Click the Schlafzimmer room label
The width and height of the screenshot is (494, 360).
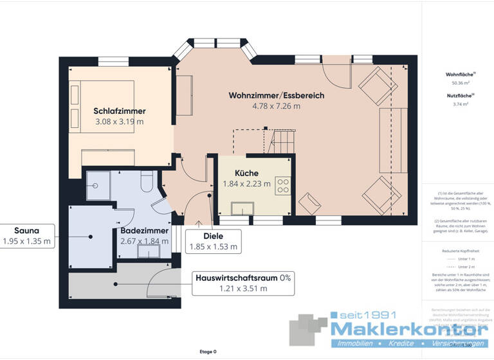coord(119,111)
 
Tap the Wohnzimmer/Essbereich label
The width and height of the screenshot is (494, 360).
coord(276,96)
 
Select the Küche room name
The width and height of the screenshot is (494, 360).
coord(246,174)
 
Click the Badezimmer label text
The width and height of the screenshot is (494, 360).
coord(144,230)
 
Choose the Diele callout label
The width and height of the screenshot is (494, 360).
coord(212,236)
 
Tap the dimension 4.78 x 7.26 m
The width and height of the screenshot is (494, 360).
coord(276,107)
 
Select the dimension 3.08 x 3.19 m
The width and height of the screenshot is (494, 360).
coord(119,122)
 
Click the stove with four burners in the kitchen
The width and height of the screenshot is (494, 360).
coord(283,186)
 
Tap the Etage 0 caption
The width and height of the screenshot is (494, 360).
coord(208,352)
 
